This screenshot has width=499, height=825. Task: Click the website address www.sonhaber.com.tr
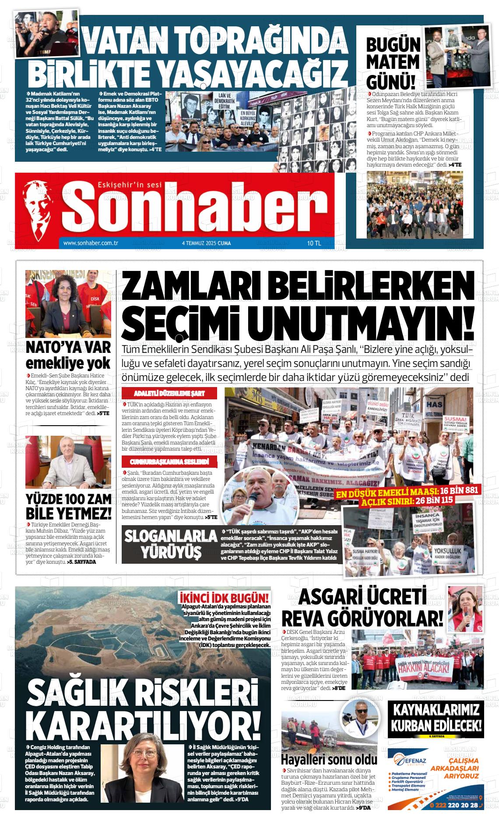(x=91, y=243)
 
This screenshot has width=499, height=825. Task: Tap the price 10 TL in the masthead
(x=314, y=243)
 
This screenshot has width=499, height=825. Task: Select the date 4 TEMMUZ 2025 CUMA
(x=206, y=243)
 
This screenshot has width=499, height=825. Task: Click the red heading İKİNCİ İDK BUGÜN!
(x=225, y=598)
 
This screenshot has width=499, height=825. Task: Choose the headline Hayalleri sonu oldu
(x=329, y=759)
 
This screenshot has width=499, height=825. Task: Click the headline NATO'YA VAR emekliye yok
(x=68, y=355)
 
